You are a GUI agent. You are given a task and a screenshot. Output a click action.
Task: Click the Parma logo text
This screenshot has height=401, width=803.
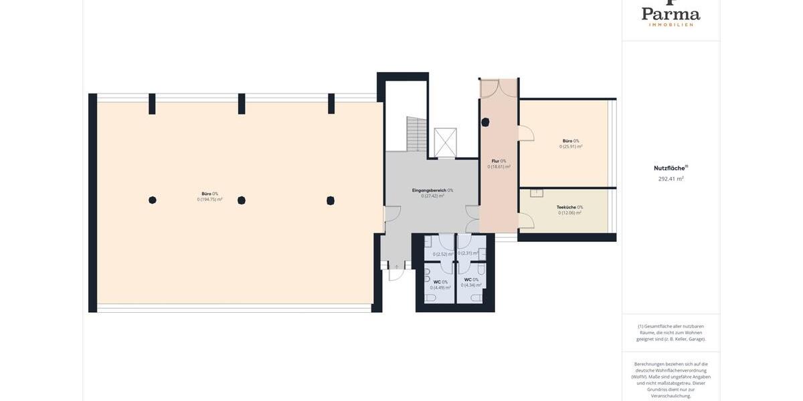[671, 13]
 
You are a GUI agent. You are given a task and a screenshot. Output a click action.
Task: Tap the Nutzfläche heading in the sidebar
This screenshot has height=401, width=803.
[671, 168]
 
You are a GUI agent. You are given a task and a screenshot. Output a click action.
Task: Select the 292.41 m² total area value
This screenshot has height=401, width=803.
[671, 179]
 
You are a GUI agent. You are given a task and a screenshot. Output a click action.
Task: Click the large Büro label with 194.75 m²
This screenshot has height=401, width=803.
[209, 196]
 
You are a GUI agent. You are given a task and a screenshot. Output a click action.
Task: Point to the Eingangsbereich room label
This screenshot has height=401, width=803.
[432, 190]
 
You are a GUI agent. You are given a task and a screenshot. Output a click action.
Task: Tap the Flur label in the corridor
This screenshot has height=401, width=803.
[499, 161]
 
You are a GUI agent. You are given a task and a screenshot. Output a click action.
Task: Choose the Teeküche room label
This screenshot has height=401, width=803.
[569, 207]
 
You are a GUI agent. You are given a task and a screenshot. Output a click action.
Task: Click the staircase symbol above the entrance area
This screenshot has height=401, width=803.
[416, 134]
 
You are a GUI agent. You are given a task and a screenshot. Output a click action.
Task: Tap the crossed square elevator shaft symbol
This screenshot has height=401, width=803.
[445, 142]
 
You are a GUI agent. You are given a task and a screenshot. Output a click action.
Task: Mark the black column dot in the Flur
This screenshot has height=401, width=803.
[485, 122]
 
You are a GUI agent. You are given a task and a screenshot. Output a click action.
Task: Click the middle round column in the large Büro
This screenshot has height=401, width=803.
[242, 200]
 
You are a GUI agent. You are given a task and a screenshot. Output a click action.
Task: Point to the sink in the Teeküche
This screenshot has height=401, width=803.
[537, 193]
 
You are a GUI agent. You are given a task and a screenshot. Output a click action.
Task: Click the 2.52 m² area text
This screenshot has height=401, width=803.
[442, 254]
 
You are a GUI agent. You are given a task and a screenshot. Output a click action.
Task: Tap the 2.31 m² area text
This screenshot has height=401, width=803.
[468, 253]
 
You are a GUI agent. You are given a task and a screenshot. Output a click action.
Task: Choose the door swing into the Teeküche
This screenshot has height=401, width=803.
[526, 221]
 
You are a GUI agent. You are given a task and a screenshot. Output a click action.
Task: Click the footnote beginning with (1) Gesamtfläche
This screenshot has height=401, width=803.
[671, 333]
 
